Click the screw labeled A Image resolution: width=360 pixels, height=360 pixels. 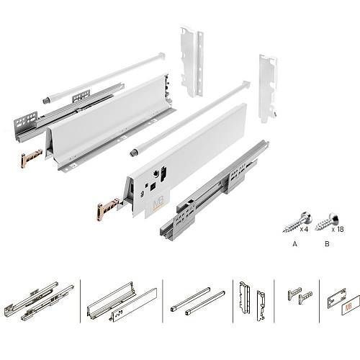pos(297,222)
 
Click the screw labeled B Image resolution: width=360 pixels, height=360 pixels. pos(327,222)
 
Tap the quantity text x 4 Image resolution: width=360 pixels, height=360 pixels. pos(304,229)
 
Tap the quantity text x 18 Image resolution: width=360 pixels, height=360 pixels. pos(338,229)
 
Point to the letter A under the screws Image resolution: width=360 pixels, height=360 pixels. pos(295,244)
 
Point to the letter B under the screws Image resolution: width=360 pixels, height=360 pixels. pos(327,244)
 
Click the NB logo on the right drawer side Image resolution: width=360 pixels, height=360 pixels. pos(158,203)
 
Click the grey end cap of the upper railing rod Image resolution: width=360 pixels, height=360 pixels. pos(45,100)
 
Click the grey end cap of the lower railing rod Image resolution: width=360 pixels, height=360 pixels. pos(132,153)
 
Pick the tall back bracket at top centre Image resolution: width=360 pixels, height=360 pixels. pos(192,63)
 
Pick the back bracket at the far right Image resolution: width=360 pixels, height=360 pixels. pos(268,89)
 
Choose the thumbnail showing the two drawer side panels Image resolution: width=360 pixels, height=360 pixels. pos(122,302)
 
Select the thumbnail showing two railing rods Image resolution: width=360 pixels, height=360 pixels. pos(198,301)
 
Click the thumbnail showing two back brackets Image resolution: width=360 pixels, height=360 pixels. pos(252,302)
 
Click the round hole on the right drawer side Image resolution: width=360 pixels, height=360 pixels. pos(156,174)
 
